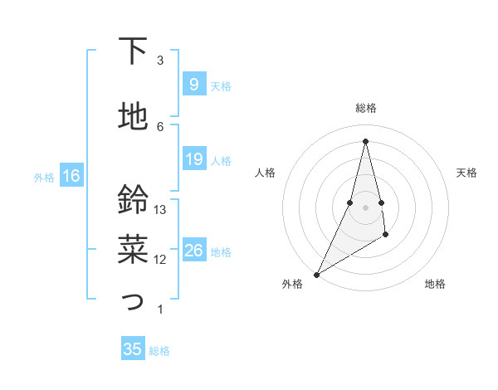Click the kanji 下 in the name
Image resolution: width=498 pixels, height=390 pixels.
point(133,51)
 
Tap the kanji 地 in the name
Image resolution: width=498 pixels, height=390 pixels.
point(133,116)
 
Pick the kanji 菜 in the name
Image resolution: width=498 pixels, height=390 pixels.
point(133,246)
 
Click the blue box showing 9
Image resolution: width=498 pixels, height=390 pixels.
point(193,84)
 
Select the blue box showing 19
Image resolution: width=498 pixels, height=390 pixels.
point(193,159)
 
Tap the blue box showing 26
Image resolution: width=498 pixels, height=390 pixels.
point(193,250)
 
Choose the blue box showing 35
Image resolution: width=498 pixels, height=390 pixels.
point(133,349)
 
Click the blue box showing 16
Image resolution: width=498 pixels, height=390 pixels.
point(71,175)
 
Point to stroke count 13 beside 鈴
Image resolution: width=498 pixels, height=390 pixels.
point(160,210)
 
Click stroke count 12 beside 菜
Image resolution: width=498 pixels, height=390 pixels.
point(160,260)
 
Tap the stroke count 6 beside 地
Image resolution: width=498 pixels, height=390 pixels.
point(160,126)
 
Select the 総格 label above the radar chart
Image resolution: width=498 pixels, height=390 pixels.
point(365,108)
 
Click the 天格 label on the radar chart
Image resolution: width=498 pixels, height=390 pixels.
point(466,173)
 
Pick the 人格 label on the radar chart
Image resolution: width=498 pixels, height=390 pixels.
point(265,173)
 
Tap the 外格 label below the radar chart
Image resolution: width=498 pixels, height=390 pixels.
point(292,285)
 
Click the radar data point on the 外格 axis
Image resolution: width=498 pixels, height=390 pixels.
point(316,274)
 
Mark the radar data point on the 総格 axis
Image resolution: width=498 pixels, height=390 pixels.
point(365,141)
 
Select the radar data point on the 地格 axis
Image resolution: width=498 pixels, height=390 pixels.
point(387,236)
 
